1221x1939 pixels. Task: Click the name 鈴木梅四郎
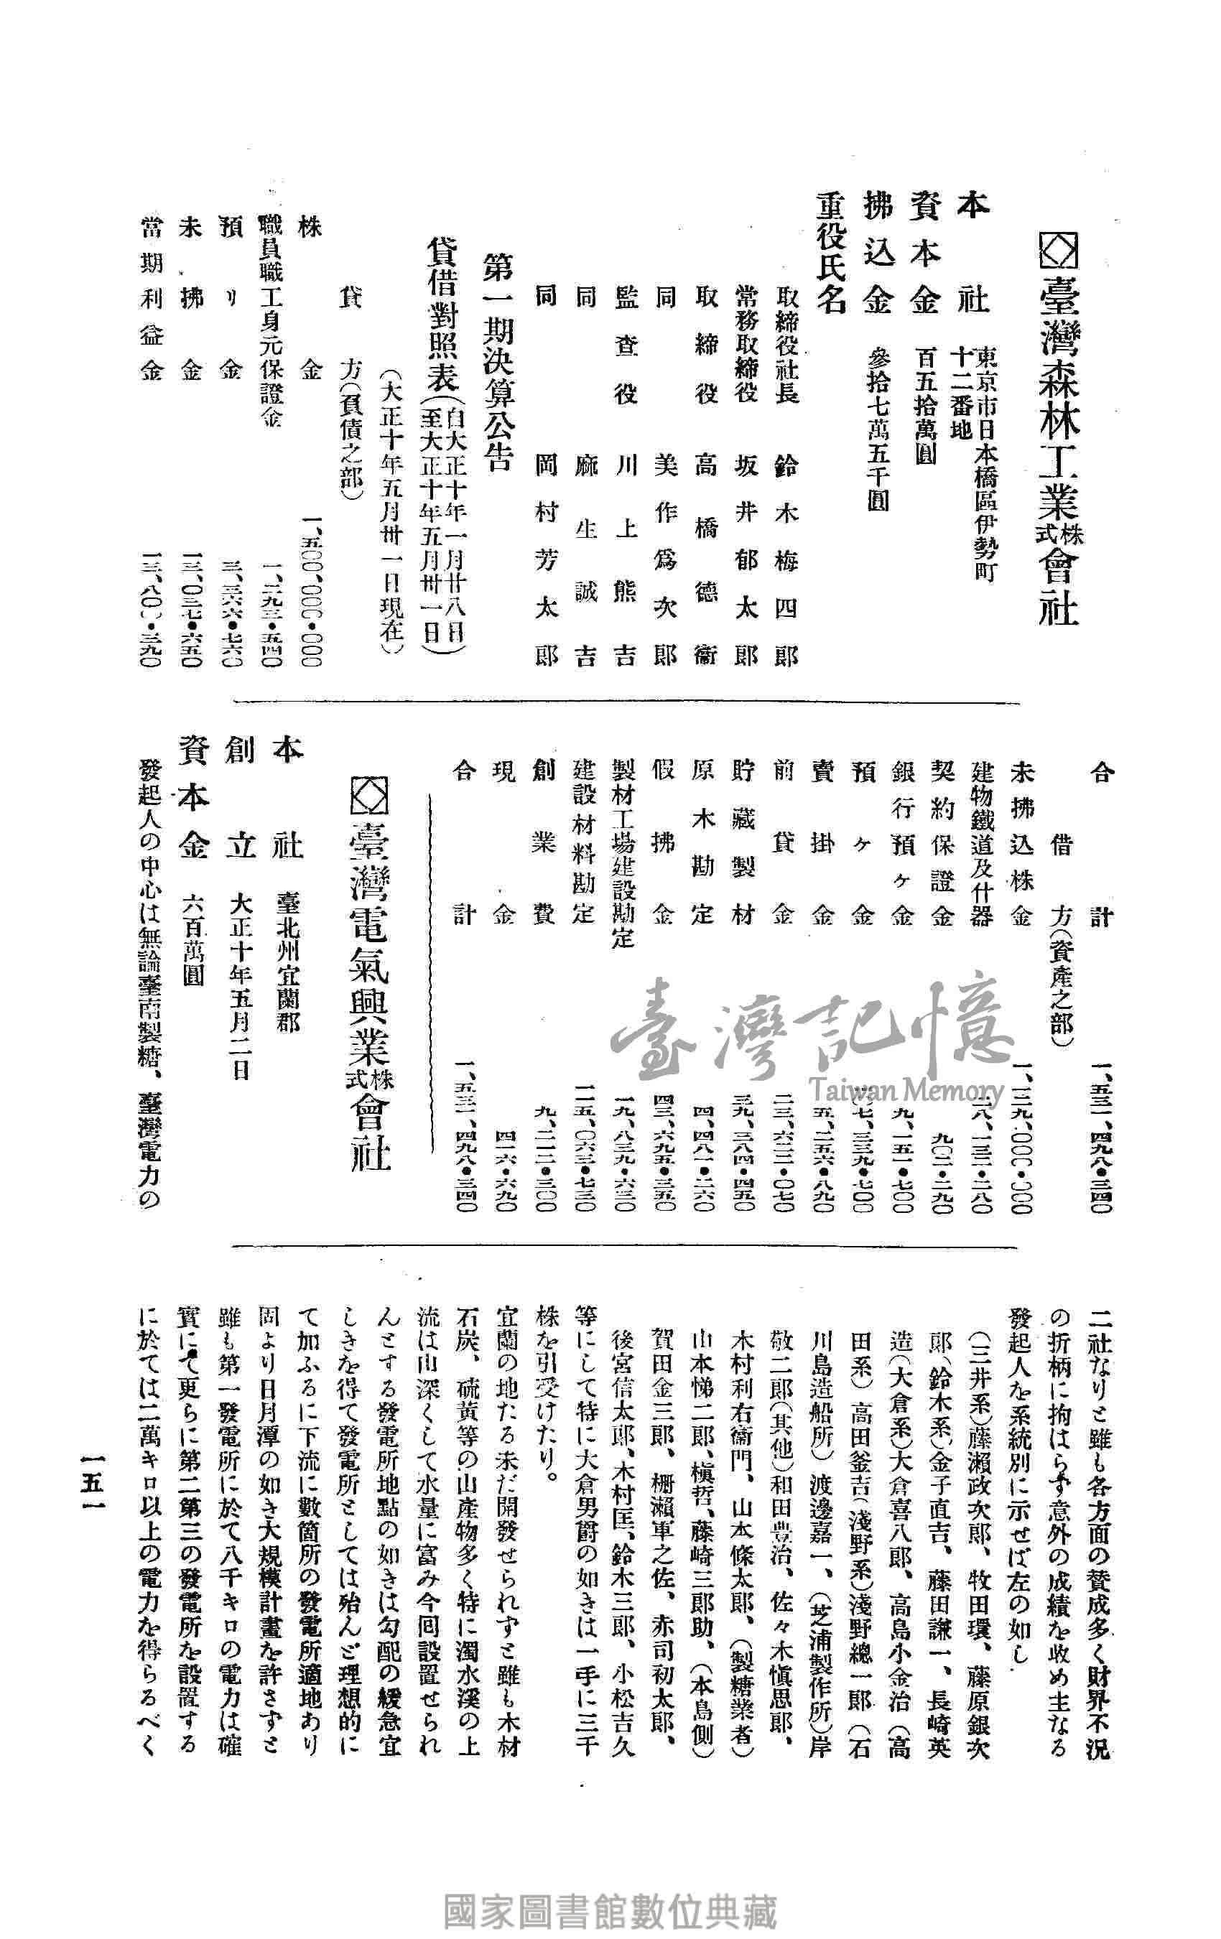785,557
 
